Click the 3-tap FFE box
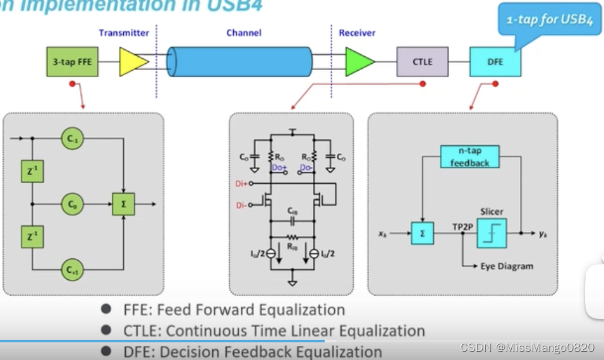pos(73,61)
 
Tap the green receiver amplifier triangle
pos(358,61)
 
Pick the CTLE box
pos(423,62)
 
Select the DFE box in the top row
pos(495,62)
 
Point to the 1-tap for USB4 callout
pos(549,20)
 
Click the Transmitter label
pos(124,33)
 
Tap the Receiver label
pos(357,33)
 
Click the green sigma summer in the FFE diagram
pos(121,204)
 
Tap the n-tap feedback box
pos(469,157)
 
